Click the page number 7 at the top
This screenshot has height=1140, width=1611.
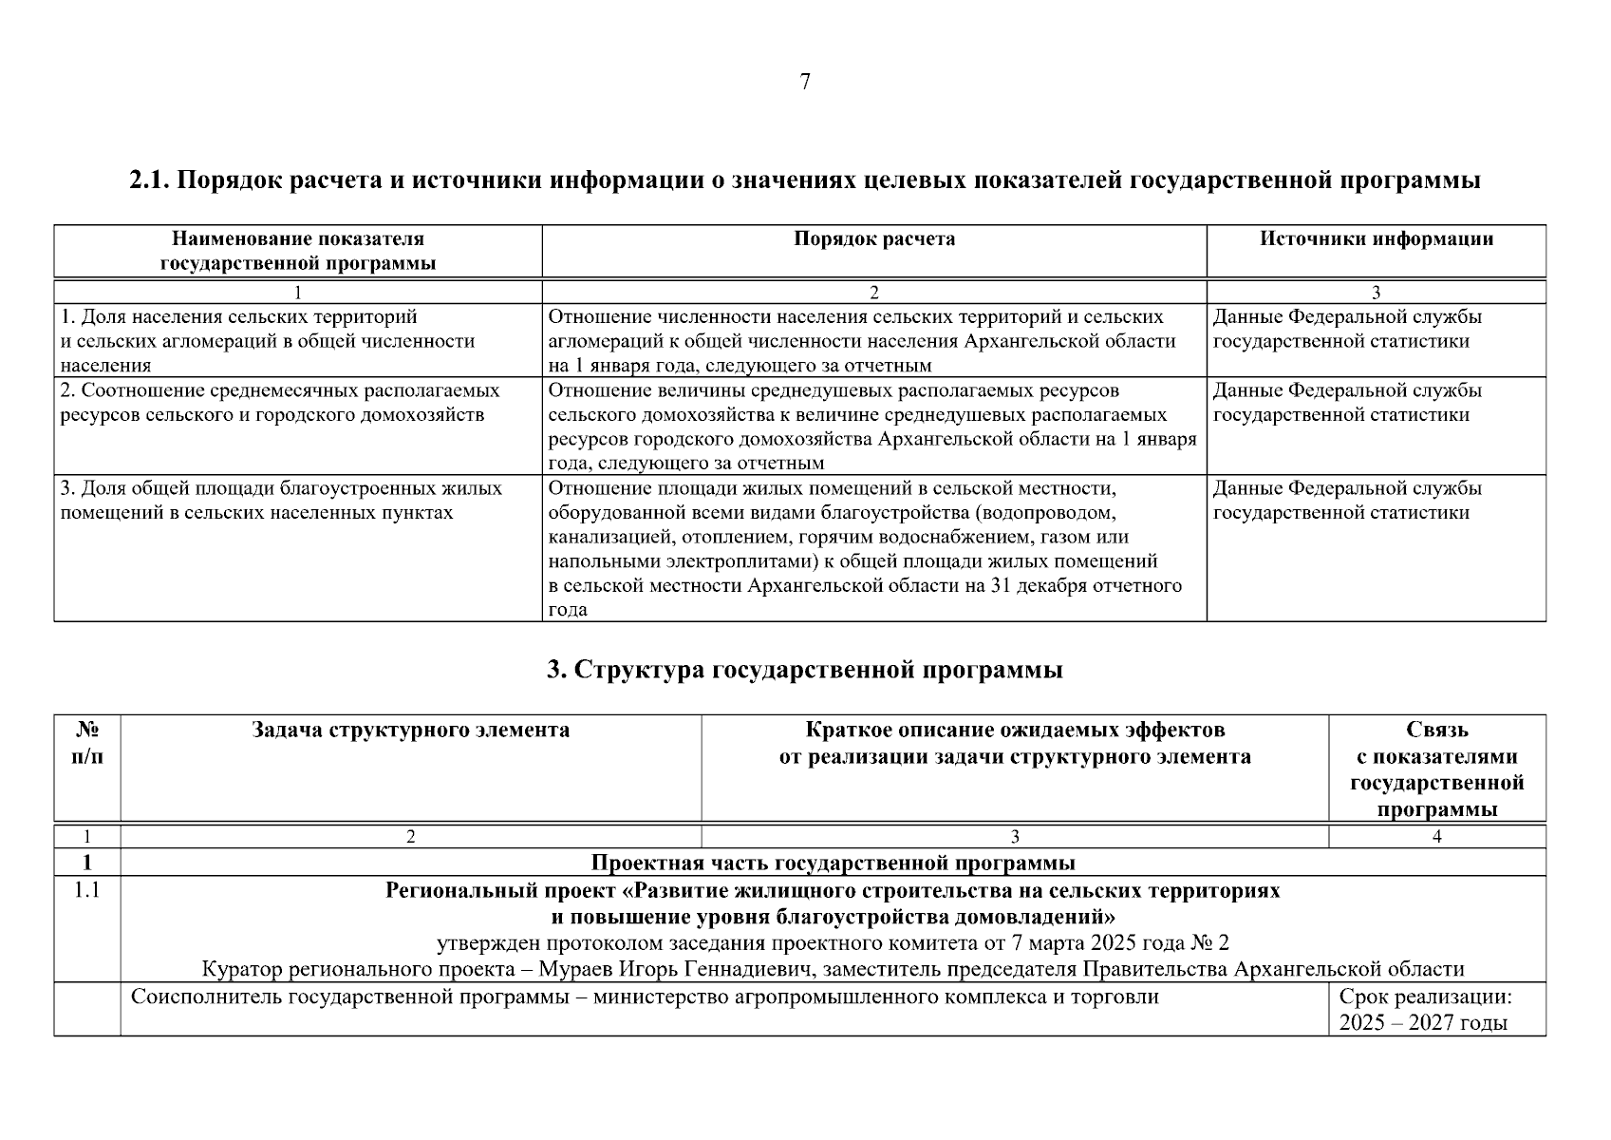pyautogui.click(x=805, y=83)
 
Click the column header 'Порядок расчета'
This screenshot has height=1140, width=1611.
pyautogui.click(x=874, y=239)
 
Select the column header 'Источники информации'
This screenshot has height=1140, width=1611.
pyautogui.click(x=1376, y=239)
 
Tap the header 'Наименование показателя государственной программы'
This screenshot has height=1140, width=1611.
pyautogui.click(x=298, y=252)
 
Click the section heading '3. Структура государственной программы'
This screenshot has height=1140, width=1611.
pyautogui.click(x=805, y=670)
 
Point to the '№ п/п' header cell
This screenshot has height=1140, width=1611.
pyautogui.click(x=87, y=744)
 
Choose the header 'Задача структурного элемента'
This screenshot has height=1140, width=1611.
pyautogui.click(x=410, y=731)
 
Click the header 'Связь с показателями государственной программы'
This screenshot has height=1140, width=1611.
pyautogui.click(x=1436, y=769)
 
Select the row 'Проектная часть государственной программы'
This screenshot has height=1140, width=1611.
pyautogui.click(x=833, y=863)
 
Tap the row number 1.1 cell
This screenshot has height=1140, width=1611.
pyautogui.click(x=87, y=891)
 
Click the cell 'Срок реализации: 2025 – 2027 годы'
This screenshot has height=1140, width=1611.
pyautogui.click(x=1424, y=1010)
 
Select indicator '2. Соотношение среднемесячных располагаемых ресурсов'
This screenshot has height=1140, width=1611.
pyautogui.click(x=279, y=390)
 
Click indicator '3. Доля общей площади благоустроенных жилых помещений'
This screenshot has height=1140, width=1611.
pyautogui.click(x=281, y=488)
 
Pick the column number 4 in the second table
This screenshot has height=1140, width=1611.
pyautogui.click(x=1436, y=837)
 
